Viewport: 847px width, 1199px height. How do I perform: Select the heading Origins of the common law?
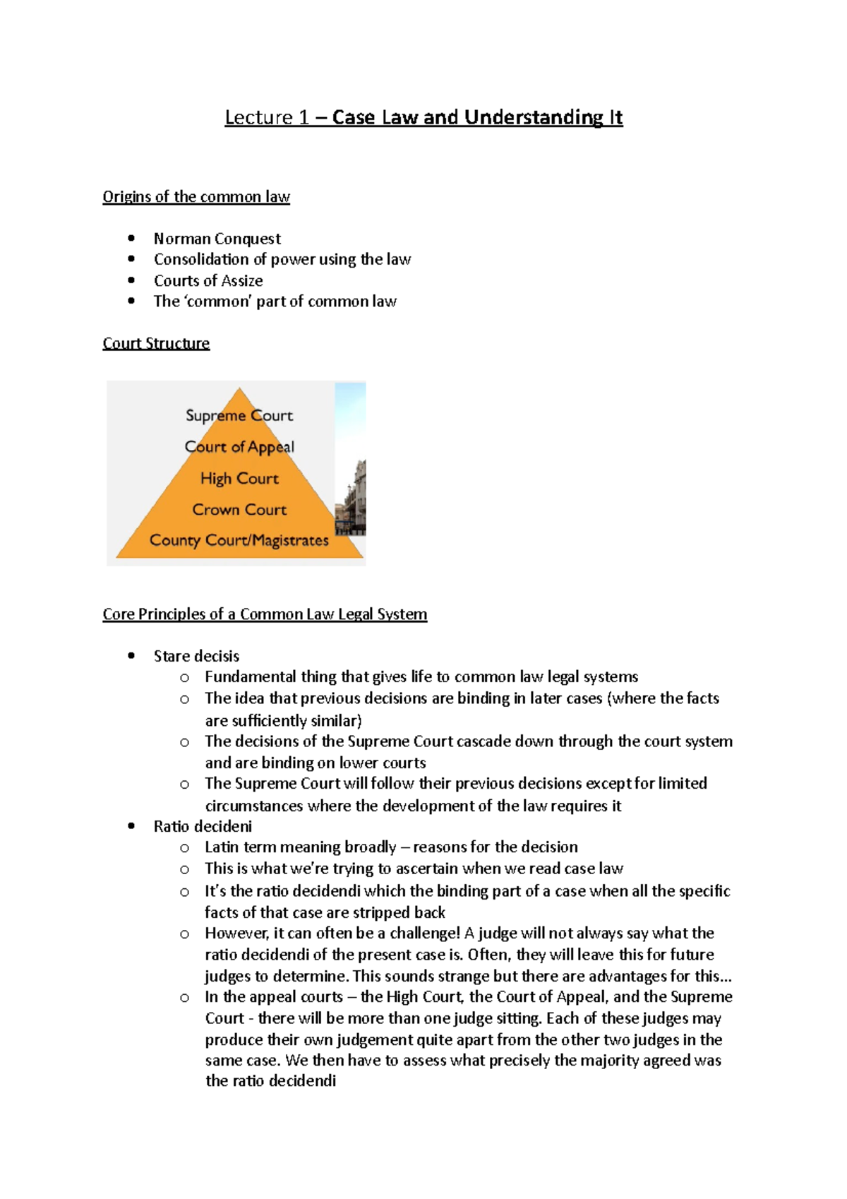(x=196, y=197)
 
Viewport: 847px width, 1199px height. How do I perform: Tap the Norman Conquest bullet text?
(x=217, y=239)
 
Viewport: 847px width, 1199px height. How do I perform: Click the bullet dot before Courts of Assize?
(x=131, y=280)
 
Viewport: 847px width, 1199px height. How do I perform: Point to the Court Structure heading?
(x=156, y=343)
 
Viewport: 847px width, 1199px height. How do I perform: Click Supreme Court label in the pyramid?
(x=239, y=415)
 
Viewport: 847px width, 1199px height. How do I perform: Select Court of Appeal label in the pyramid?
(x=239, y=447)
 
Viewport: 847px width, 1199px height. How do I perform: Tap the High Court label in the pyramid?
(x=239, y=479)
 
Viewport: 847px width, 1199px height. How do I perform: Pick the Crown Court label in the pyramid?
(x=239, y=510)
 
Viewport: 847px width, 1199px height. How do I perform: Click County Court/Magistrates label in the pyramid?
(x=239, y=540)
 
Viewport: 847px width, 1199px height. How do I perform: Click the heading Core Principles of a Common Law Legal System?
(x=265, y=614)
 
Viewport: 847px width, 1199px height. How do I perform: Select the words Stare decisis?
(x=196, y=656)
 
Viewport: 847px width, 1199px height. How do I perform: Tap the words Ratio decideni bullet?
(x=203, y=826)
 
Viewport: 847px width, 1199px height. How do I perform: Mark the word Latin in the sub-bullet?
(x=222, y=847)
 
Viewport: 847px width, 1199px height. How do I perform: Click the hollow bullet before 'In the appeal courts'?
(x=184, y=998)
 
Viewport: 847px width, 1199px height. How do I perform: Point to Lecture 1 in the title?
(x=267, y=117)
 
